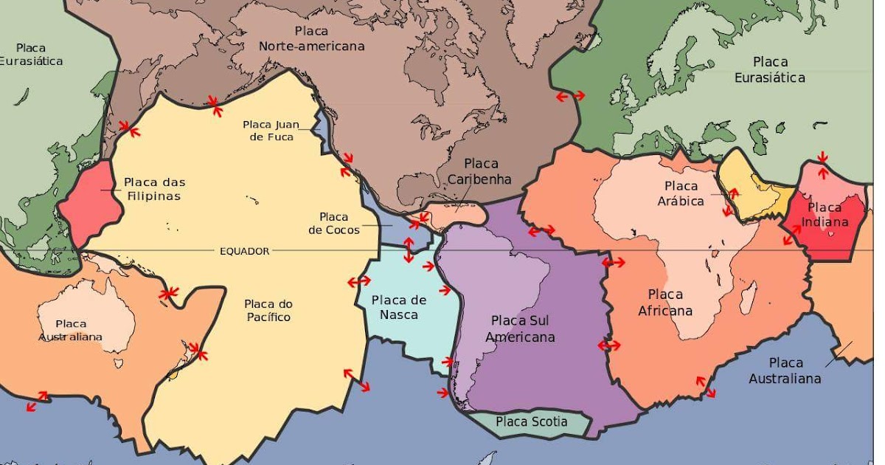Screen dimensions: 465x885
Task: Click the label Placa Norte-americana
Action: coord(311,38)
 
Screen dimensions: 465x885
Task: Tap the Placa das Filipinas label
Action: coord(154,189)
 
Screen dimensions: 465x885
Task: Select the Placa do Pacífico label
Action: coord(268,310)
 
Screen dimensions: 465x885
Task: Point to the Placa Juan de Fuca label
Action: coord(271,131)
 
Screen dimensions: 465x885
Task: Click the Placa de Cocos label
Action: coord(333,223)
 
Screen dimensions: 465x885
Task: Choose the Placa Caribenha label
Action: coord(481,171)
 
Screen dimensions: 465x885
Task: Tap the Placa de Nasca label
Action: coord(399,307)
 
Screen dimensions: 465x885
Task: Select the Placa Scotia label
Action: coord(531,421)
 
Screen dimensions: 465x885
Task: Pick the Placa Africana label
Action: coord(665,303)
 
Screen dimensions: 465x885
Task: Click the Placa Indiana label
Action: coord(828,214)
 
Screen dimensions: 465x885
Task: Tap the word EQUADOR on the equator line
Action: coord(245,251)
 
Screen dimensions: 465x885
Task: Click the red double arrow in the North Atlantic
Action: coord(570,96)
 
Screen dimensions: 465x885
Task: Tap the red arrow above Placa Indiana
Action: coord(822,157)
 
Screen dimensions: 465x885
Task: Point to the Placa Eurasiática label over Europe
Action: coord(779,69)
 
